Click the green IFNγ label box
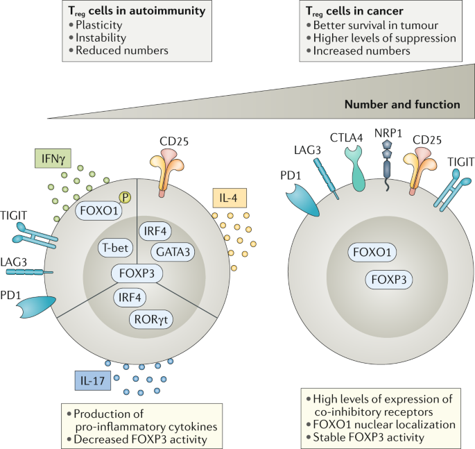pos(53,158)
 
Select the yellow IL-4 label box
pos(230,198)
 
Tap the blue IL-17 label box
pos(93,380)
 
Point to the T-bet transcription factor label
pos(115,248)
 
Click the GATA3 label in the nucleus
pos(173,252)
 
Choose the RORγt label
pos(151,319)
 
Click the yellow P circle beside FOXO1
pos(125,197)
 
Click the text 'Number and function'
pos(402,105)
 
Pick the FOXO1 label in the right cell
pos(372,252)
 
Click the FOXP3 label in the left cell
pos(137,273)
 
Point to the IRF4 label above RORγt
pos(130,297)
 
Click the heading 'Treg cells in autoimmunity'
pos(137,11)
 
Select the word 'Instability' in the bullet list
pos(101,37)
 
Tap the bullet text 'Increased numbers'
pos(362,51)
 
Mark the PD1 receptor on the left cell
pos(37,307)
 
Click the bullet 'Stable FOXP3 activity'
pos(368,437)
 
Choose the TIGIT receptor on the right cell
pos(452,190)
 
